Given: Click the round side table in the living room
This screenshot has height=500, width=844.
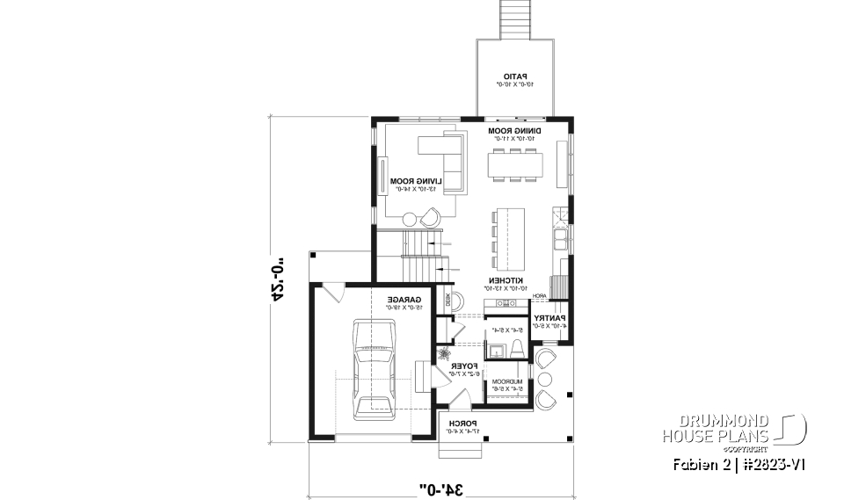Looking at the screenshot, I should pos(410,219).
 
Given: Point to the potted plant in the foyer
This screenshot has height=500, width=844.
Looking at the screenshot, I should pos(446,352).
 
